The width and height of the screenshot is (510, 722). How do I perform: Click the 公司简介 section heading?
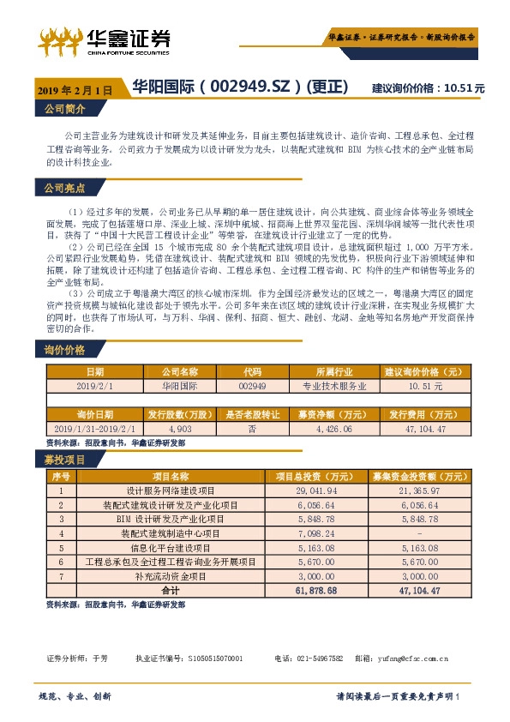[64, 109]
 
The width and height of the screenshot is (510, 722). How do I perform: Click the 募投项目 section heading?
[64, 460]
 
